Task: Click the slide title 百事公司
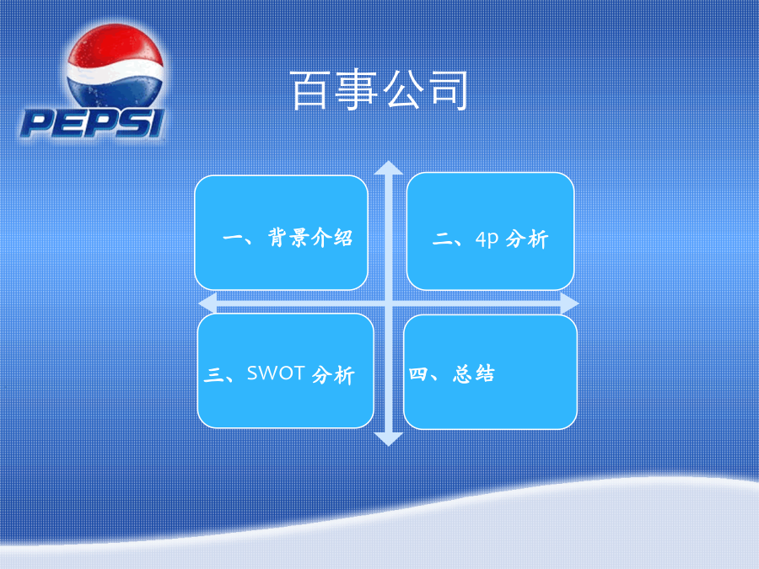(x=379, y=90)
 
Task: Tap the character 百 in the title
(x=310, y=90)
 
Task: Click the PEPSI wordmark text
(x=92, y=123)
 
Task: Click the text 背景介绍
(x=310, y=238)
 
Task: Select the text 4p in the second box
(x=487, y=239)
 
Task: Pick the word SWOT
(x=276, y=373)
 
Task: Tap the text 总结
(x=474, y=373)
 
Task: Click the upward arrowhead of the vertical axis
(x=388, y=168)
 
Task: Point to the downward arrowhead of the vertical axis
(x=388, y=439)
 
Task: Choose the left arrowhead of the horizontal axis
(x=207, y=303)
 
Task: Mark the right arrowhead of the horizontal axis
(x=570, y=303)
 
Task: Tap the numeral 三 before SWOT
(x=213, y=374)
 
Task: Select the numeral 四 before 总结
(x=417, y=373)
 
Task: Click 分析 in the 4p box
(x=526, y=239)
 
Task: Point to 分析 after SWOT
(x=333, y=375)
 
